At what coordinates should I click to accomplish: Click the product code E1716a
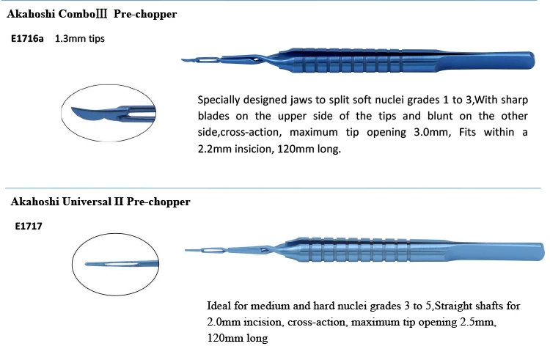tap(27, 38)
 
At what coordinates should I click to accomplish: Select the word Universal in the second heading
tap(87, 202)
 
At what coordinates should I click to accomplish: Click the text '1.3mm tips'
tap(80, 38)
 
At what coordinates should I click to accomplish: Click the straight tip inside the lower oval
tap(103, 264)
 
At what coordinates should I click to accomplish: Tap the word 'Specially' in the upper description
tap(221, 99)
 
